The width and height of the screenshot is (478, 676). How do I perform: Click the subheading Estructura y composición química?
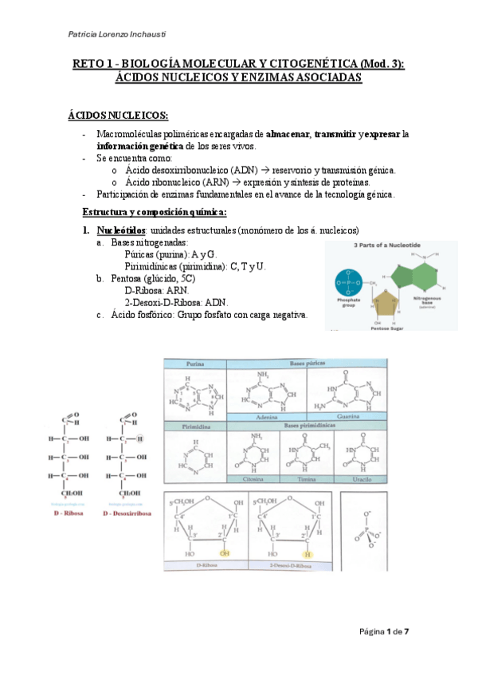click(x=155, y=212)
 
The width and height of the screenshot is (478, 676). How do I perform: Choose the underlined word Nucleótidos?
click(x=123, y=230)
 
